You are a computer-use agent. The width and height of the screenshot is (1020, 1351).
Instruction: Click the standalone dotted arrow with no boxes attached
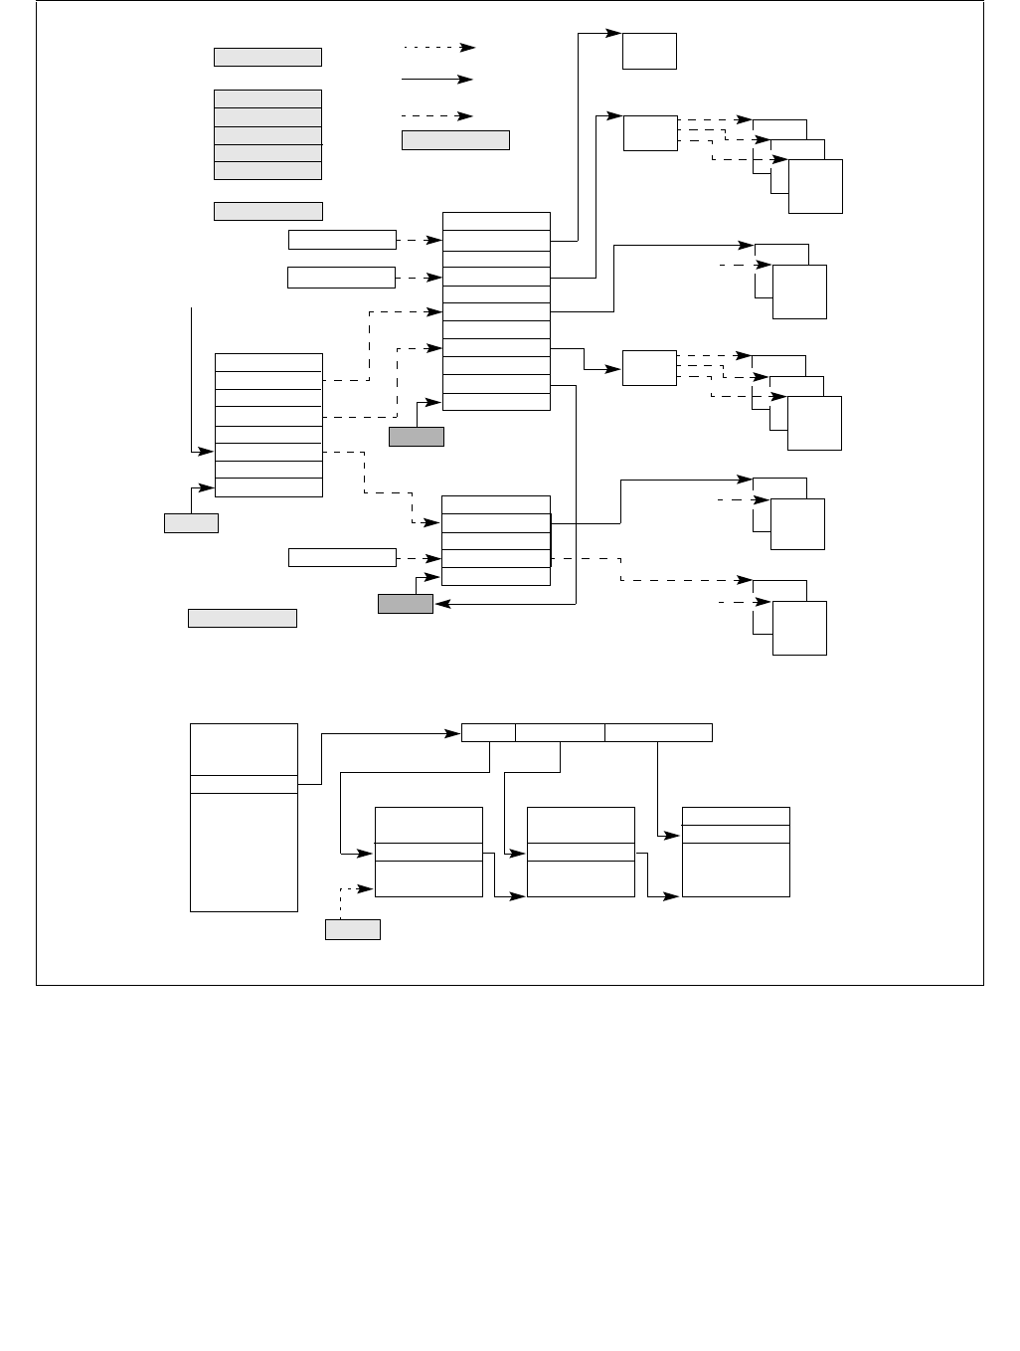point(438,47)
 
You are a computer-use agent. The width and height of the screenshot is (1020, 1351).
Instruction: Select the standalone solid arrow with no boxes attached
point(438,79)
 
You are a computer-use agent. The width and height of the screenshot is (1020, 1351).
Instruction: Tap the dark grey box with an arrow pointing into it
point(406,604)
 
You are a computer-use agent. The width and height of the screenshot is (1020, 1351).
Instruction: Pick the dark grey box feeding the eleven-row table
point(416,436)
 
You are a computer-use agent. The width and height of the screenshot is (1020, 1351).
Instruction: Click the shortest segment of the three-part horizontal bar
point(488,733)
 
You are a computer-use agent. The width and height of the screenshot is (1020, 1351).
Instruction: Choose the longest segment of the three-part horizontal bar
point(658,733)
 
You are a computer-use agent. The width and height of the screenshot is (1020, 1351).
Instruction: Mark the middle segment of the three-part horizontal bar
point(560,733)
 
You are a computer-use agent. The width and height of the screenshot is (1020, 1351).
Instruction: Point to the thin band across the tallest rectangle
point(244,785)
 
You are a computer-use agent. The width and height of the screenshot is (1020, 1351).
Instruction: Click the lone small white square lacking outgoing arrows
point(649,51)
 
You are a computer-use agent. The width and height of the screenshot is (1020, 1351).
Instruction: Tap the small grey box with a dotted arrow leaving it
point(352,930)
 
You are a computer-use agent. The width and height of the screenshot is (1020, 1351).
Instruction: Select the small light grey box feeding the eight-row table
point(191,523)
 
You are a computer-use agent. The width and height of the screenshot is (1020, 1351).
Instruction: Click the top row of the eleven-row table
point(496,221)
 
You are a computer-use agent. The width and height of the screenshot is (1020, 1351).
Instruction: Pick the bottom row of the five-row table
point(496,577)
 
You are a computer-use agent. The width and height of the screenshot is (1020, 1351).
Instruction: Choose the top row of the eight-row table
point(268,362)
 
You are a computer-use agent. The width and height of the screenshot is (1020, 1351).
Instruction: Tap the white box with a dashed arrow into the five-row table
point(342,557)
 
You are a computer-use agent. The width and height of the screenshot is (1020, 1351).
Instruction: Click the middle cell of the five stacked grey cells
point(267,135)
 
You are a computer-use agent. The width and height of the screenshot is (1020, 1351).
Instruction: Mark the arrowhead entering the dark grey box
point(440,604)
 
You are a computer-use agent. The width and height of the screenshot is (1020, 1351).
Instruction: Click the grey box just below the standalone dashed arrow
point(455,140)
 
